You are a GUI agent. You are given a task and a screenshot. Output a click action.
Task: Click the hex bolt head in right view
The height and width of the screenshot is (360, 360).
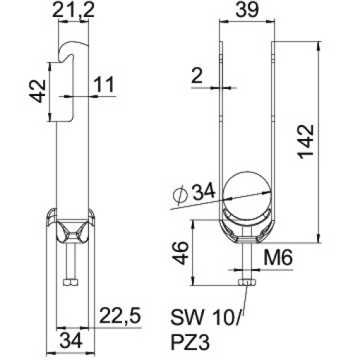[247, 283]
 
